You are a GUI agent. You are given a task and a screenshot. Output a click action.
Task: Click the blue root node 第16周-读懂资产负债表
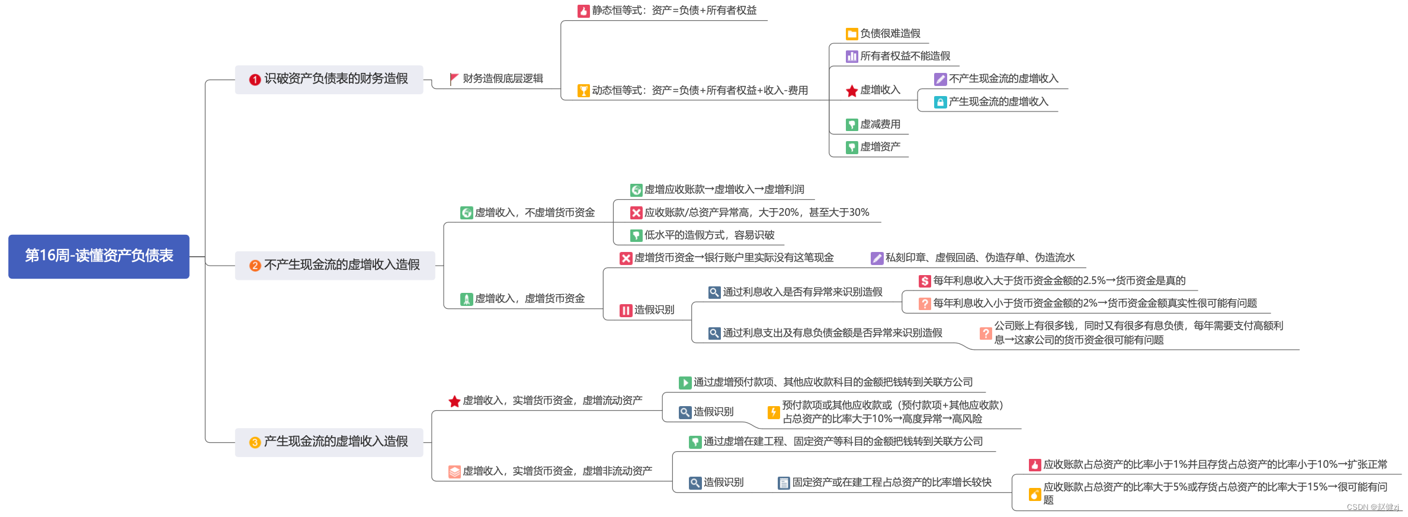click(99, 256)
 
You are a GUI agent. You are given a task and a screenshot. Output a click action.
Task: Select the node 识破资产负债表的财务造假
click(335, 79)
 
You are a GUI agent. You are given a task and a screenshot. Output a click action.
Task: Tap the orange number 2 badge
click(255, 266)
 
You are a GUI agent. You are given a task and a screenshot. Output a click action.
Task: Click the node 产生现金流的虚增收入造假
click(335, 442)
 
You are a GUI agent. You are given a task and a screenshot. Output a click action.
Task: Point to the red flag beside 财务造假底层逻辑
click(454, 78)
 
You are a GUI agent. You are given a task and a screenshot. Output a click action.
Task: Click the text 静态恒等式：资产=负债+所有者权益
click(674, 11)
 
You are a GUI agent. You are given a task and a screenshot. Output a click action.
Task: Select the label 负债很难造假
click(890, 34)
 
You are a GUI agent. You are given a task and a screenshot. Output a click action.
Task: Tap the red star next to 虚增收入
click(852, 91)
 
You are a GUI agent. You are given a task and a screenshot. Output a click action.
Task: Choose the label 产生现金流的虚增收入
click(998, 102)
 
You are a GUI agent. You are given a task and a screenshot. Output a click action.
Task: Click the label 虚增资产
click(880, 147)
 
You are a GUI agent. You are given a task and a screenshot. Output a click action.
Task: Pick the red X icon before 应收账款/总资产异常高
click(636, 213)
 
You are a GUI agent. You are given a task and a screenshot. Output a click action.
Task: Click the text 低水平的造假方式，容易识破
click(709, 235)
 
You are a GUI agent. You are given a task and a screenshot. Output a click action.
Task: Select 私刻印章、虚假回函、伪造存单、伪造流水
click(980, 258)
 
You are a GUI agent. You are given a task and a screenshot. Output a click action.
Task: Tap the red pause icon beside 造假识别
click(626, 310)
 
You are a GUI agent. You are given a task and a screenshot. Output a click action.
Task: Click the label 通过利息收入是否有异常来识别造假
click(802, 292)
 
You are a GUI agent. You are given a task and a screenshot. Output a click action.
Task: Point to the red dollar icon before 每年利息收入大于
click(925, 281)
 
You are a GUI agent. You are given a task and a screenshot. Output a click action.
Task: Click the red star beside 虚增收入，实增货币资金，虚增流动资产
click(454, 401)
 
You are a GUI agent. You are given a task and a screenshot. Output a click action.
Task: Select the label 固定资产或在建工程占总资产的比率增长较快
click(891, 483)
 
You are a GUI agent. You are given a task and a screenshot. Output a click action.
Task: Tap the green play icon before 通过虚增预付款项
click(685, 383)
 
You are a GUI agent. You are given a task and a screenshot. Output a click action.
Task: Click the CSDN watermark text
click(1372, 508)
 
